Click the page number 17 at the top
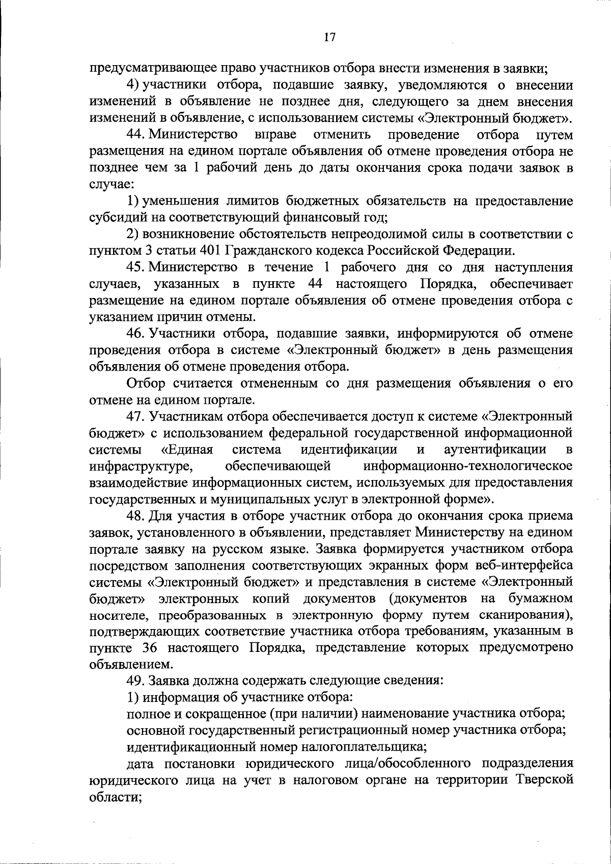[x=329, y=38]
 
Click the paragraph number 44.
[x=136, y=135]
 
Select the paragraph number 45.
[x=136, y=267]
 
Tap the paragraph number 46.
[x=136, y=333]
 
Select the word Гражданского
[x=270, y=250]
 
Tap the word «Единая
[x=186, y=450]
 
